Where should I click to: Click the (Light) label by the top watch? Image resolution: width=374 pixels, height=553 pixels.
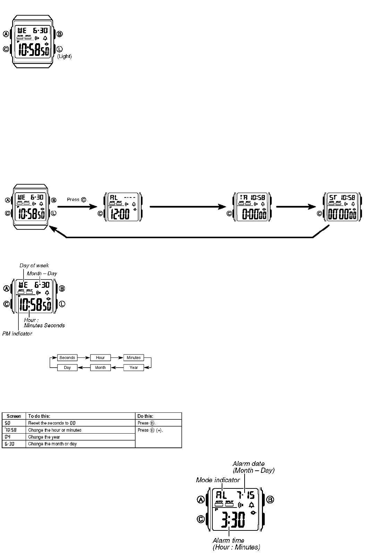pyautogui.click(x=65, y=56)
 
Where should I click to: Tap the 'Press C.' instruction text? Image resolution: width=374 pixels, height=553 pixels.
pyautogui.click(x=77, y=200)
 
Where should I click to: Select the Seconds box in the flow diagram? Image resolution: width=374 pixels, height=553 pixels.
pyautogui.click(x=67, y=358)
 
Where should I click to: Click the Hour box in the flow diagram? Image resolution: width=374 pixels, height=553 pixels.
pyautogui.click(x=100, y=358)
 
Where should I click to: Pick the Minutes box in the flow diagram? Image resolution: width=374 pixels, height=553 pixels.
pyautogui.click(x=134, y=358)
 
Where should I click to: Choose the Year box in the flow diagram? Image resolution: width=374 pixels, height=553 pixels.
pyautogui.click(x=134, y=367)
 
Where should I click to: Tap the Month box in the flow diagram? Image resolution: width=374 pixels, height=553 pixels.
pyautogui.click(x=100, y=367)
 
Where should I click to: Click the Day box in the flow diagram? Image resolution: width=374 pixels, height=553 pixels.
pyautogui.click(x=67, y=367)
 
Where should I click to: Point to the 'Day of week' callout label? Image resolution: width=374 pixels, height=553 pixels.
pyautogui.click(x=34, y=266)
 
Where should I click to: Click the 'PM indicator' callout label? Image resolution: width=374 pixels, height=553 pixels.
pyautogui.click(x=17, y=334)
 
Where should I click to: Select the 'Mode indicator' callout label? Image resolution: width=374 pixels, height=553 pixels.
pyautogui.click(x=218, y=480)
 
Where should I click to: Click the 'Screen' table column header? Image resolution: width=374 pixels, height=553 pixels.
pyautogui.click(x=14, y=416)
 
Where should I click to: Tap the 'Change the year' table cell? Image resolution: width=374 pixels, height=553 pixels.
pyautogui.click(x=44, y=437)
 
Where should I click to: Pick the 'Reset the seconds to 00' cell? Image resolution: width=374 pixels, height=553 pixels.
pyautogui.click(x=52, y=423)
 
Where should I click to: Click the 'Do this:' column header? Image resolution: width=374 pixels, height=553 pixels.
pyautogui.click(x=145, y=416)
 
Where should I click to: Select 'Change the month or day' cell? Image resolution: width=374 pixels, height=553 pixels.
pyautogui.click(x=52, y=444)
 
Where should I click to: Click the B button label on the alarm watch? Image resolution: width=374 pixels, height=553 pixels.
pyautogui.click(x=270, y=500)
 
